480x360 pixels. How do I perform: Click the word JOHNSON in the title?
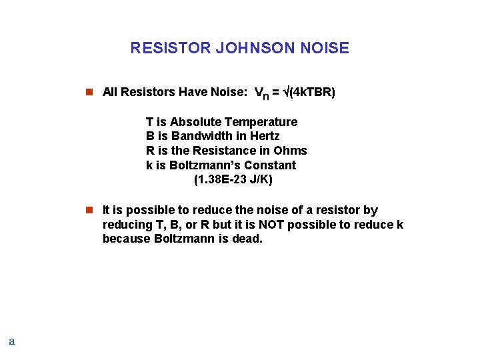[x=258, y=48]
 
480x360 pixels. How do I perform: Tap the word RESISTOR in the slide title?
[x=171, y=48]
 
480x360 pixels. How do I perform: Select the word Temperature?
[x=261, y=122]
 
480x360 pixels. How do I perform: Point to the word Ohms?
[x=293, y=151]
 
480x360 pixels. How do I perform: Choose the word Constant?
[x=269, y=165]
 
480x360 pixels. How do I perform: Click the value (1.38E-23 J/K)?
[x=233, y=180]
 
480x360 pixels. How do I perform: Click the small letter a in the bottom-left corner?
[x=11, y=341]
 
